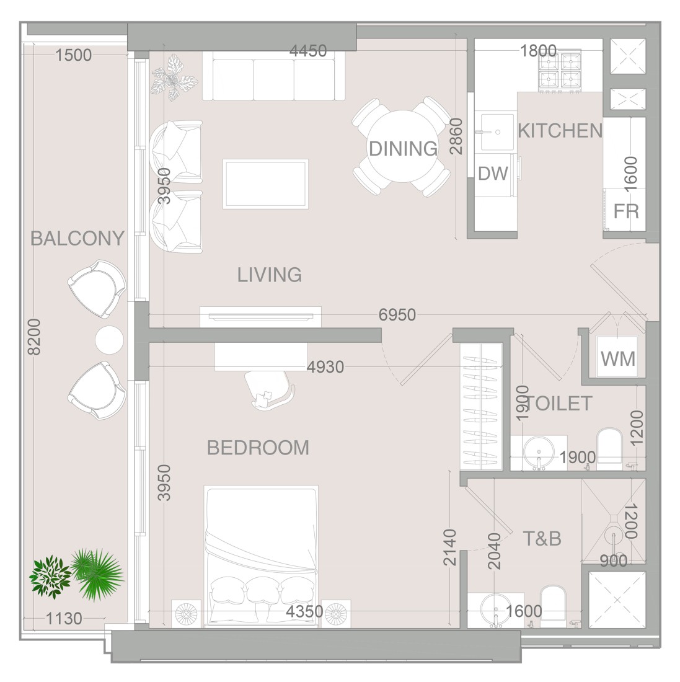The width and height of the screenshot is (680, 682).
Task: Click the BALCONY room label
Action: [x=77, y=238]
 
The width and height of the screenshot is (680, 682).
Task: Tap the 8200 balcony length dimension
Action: [x=34, y=337]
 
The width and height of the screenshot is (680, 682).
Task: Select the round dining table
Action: [x=403, y=146]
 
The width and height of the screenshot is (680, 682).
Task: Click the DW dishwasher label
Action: [x=493, y=174]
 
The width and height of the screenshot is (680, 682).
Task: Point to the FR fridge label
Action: [x=626, y=211]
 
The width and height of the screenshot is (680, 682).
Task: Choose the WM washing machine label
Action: [x=618, y=359]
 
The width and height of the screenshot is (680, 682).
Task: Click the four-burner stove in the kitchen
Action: [x=560, y=72]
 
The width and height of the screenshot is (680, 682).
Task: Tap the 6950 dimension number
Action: [x=397, y=314]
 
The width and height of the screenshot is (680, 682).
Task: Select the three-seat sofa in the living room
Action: [x=273, y=76]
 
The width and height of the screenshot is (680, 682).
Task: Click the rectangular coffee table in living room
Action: [x=266, y=184]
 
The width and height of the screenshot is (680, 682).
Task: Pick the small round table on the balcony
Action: [x=109, y=340]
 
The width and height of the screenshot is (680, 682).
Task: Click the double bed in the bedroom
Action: [x=261, y=556]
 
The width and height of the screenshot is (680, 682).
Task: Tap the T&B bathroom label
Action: [x=542, y=538]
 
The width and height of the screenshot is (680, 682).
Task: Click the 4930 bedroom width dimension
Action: [x=325, y=367]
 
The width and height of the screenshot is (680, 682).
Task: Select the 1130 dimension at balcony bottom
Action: [x=63, y=618]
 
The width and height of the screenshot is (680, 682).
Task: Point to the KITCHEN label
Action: [x=560, y=131]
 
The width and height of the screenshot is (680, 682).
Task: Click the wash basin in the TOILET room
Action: [x=539, y=453]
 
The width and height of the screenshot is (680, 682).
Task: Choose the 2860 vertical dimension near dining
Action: [x=456, y=136]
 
